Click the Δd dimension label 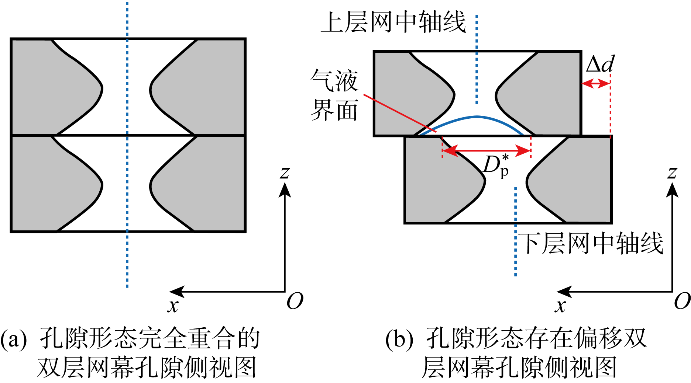point(600,65)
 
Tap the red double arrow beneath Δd point(595,84)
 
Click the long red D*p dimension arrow point(487,150)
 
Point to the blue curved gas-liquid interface point(477,117)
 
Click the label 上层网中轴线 point(393,23)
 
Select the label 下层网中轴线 point(591,243)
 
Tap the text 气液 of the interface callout point(334,80)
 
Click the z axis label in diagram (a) point(285,172)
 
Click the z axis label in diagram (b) point(672,172)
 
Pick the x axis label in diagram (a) point(173,306)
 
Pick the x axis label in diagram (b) point(560,306)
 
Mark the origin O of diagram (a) point(295,301)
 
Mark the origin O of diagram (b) point(682,301)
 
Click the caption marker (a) point(14,339)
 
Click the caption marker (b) point(399,339)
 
